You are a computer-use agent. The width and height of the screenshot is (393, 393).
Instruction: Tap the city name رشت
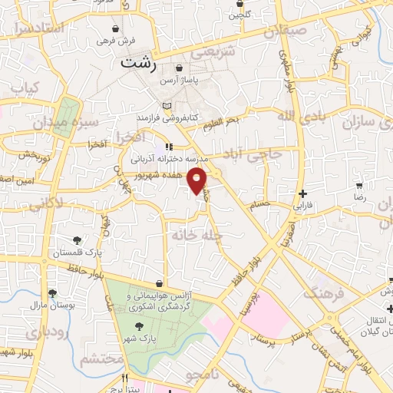pyautogui.click(x=136, y=65)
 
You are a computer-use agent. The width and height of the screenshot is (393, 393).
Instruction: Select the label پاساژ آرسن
pyautogui.click(x=178, y=79)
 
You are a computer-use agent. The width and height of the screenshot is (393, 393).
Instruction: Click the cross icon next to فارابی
pyautogui.click(x=304, y=193)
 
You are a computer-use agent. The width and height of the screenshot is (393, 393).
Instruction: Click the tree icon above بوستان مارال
pyautogui.click(x=52, y=292)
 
